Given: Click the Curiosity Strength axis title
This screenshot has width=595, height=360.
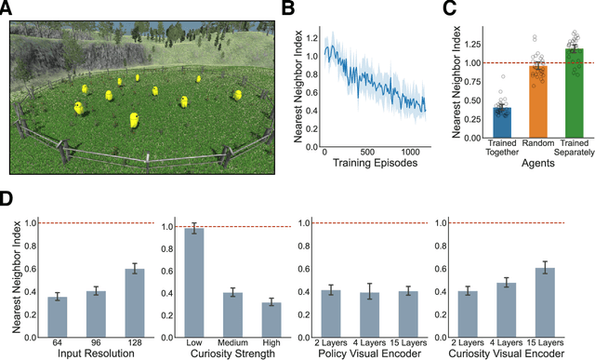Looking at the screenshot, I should coord(233,352).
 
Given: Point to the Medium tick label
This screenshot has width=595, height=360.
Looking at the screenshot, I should coord(233,340).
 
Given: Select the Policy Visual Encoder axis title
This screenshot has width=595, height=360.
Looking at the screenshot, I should coord(370,352).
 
